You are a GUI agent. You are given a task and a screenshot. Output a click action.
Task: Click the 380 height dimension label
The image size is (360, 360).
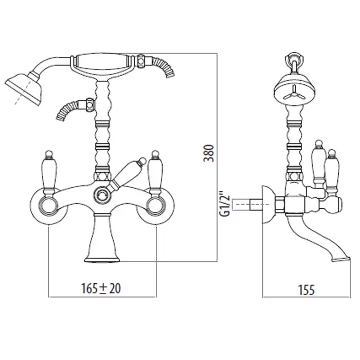coord(208,153)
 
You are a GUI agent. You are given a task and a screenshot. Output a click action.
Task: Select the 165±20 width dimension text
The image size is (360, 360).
coord(101,289)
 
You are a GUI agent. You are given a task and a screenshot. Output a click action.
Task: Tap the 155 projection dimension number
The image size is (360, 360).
coord(307,290)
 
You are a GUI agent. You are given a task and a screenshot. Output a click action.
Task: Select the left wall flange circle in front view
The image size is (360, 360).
coord(49,205)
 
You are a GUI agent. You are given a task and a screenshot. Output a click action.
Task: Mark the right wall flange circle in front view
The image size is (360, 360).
coord(156,205)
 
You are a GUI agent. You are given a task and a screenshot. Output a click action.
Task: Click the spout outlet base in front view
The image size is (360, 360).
coord(102,260)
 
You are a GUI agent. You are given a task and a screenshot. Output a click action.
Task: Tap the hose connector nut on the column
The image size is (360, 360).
coord(90,104)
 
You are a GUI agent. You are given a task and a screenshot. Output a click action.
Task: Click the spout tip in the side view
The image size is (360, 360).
coord(341,259)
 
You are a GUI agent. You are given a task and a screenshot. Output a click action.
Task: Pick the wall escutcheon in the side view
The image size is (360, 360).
coord(269,204)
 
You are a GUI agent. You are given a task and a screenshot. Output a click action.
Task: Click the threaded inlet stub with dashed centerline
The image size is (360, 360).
coord(247,204)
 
